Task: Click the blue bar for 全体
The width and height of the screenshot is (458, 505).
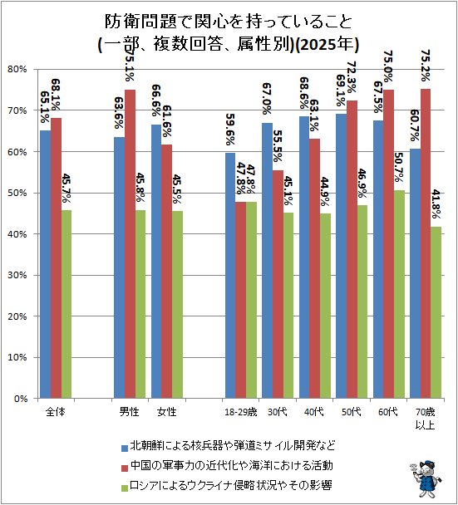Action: [x=46, y=264]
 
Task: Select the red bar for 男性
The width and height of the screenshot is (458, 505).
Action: [x=130, y=244]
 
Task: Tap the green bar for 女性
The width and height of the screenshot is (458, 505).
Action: [x=177, y=305]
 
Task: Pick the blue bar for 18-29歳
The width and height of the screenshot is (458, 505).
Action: [x=230, y=276]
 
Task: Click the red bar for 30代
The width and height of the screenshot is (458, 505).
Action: [x=278, y=284]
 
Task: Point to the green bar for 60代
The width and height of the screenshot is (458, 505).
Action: [x=399, y=294]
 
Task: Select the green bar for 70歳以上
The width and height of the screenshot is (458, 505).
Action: [x=436, y=312]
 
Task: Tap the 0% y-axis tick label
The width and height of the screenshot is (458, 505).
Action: [x=21, y=399]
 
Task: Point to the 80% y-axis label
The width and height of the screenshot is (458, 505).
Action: [x=17, y=69]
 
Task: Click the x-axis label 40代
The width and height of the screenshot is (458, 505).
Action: [x=314, y=412]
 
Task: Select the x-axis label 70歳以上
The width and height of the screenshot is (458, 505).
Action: [x=425, y=419]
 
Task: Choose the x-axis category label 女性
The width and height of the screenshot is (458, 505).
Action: [x=166, y=412]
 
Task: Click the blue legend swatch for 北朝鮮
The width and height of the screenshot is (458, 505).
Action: [x=125, y=448]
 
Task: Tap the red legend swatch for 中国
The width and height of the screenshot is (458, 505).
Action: [x=125, y=468]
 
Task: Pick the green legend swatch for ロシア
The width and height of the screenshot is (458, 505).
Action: [x=125, y=488]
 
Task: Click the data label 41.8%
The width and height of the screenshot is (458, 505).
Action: [x=436, y=204]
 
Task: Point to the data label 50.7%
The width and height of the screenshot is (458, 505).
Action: [x=399, y=168]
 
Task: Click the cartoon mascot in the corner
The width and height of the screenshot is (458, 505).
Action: [x=426, y=479]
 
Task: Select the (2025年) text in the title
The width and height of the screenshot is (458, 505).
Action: [x=327, y=44]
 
